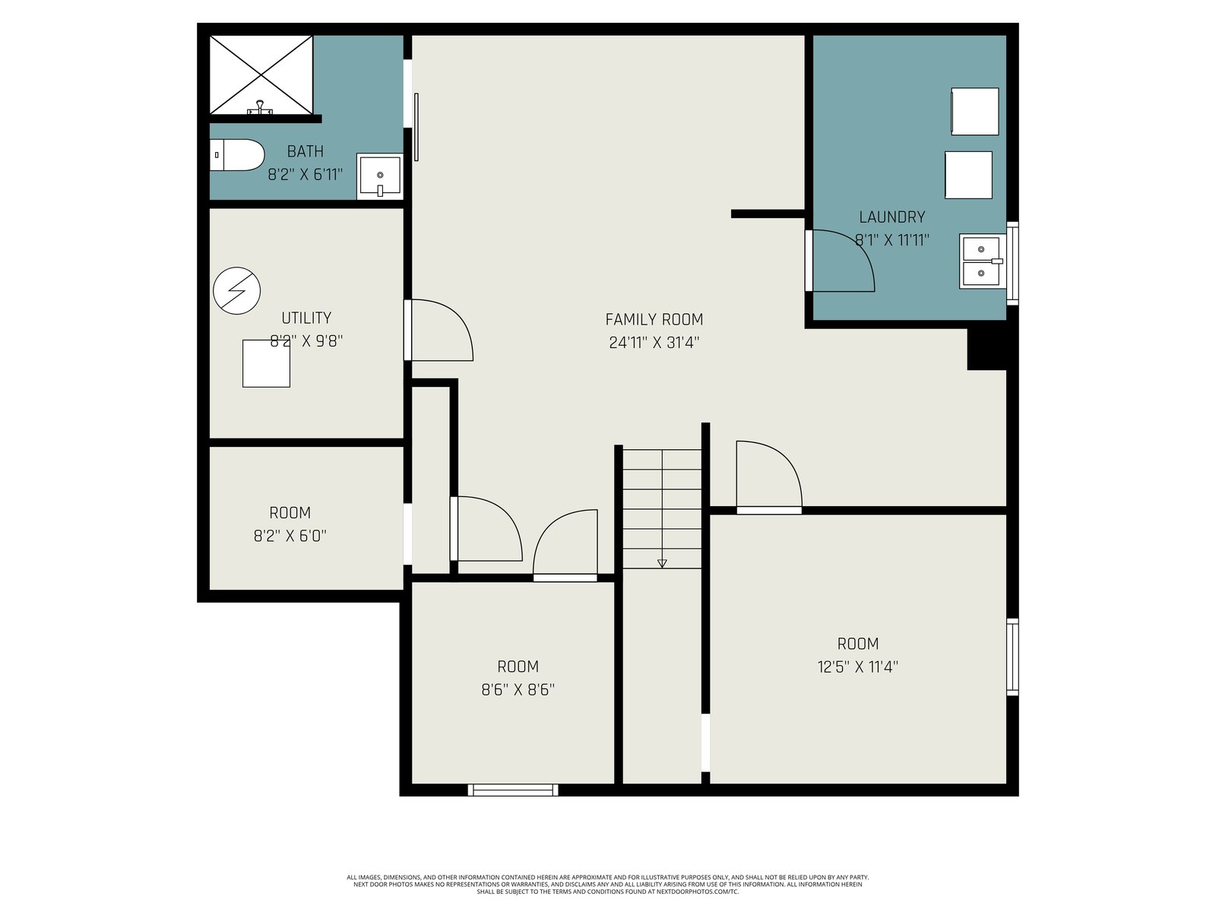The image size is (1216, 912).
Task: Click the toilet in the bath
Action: click(x=236, y=155)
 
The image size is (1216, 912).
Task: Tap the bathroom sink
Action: click(x=379, y=176)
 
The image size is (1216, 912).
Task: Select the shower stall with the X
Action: click(x=261, y=74)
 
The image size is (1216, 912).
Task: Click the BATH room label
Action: click(x=306, y=151)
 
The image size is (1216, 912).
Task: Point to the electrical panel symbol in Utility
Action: click(x=236, y=291)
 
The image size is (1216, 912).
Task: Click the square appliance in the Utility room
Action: click(x=266, y=363)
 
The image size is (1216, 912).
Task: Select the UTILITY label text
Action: click(x=306, y=318)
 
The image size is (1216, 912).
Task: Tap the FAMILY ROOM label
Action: click(x=654, y=319)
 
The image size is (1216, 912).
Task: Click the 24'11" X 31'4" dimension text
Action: click(x=654, y=343)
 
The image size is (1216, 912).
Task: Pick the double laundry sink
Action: click(x=982, y=261)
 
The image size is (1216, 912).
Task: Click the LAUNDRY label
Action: click(x=892, y=217)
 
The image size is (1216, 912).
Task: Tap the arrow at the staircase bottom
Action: click(x=662, y=564)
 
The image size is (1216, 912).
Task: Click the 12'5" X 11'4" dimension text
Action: click(x=857, y=667)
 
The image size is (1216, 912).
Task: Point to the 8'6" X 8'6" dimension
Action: click(x=518, y=689)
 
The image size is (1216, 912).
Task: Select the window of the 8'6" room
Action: click(x=513, y=790)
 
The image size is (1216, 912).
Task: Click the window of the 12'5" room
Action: click(x=1012, y=657)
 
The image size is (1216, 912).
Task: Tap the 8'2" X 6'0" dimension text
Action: click(x=290, y=536)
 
